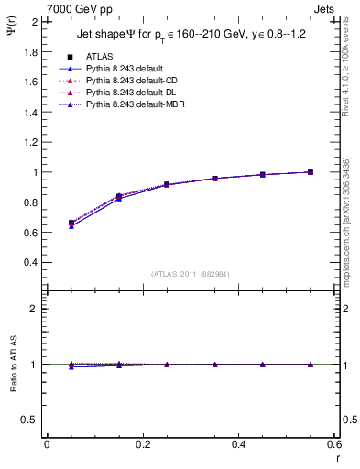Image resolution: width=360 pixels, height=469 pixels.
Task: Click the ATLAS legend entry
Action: click(100, 56)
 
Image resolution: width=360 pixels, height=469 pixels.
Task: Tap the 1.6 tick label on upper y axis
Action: click(29, 82)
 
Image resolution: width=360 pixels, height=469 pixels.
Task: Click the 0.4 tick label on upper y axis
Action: click(29, 263)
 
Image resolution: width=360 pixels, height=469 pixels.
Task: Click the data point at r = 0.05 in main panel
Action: click(71, 223)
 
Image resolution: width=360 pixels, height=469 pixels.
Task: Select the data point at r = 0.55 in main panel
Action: click(311, 172)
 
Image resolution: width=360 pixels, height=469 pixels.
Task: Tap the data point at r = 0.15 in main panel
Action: click(118, 197)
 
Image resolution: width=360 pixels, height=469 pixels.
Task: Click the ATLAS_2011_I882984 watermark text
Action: click(191, 274)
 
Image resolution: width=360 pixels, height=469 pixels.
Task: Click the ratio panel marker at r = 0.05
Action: click(71, 365)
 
